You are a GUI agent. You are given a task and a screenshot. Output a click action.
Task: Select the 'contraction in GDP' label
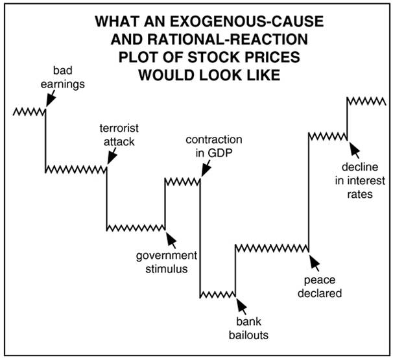click(x=213, y=146)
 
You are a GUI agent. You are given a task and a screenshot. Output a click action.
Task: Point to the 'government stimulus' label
click(x=165, y=261)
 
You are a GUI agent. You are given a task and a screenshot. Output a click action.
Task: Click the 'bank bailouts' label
click(x=247, y=330)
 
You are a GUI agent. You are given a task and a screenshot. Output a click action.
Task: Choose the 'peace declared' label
click(x=322, y=287)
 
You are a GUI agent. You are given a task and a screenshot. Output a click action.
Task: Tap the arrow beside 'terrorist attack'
click(x=111, y=156)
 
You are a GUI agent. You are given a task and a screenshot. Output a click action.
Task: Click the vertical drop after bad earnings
click(x=45, y=139)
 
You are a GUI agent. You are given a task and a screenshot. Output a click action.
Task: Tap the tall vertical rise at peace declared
click(x=307, y=191)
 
